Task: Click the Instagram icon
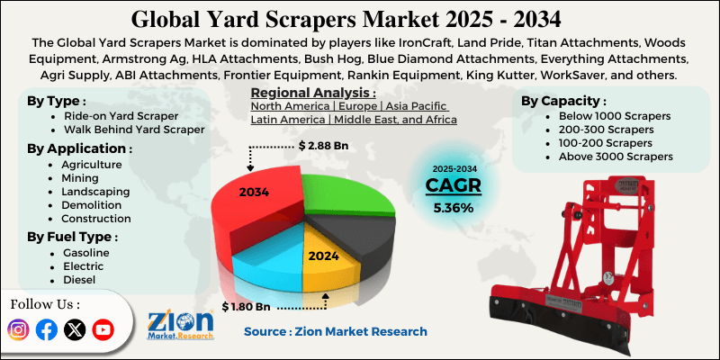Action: click(18, 329)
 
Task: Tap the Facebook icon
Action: click(47, 329)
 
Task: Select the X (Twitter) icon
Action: click(76, 329)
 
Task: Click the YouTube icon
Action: click(103, 329)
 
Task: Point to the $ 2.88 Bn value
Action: click(325, 144)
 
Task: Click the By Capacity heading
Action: click(563, 101)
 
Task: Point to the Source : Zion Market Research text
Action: click(336, 331)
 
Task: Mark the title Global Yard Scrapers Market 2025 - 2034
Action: click(359, 17)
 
